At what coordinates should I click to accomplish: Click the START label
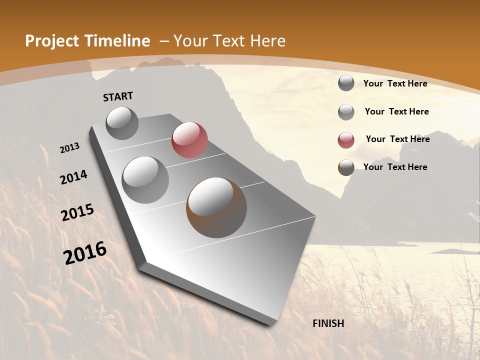point(118,96)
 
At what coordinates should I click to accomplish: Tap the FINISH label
point(328,323)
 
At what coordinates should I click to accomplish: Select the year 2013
point(70,148)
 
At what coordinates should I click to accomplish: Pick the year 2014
point(73,177)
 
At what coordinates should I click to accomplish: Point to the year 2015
point(77,212)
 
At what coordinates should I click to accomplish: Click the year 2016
point(85,253)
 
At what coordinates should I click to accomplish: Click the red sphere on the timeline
point(189,140)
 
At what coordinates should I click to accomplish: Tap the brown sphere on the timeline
point(216,207)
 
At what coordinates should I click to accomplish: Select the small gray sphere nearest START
point(122,123)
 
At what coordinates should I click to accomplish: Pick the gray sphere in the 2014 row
point(145,180)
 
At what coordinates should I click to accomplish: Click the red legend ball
point(346,140)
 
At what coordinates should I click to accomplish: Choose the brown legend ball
point(346,167)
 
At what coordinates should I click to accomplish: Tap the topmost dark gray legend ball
point(346,83)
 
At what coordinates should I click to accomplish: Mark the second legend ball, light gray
point(346,112)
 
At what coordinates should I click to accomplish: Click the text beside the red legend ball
point(397,139)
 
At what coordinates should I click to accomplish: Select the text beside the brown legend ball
point(395,167)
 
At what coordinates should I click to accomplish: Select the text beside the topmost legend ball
point(395,83)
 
